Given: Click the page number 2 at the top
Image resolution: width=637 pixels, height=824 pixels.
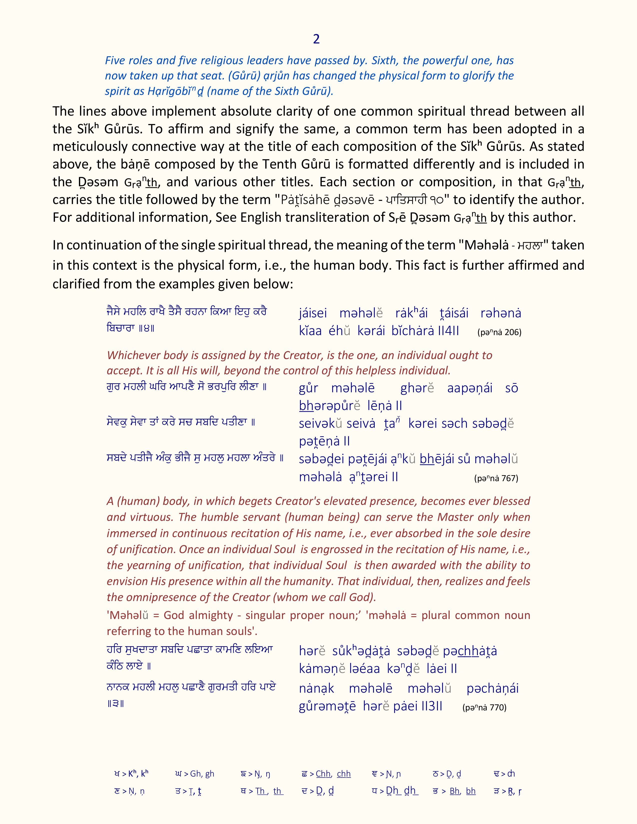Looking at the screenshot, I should (316, 39).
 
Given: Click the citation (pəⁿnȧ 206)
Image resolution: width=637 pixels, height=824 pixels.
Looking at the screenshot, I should (499, 332).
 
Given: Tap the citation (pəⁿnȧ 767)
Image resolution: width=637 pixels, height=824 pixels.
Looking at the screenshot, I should (496, 478).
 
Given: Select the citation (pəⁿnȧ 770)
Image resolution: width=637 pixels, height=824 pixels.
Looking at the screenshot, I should (484, 707).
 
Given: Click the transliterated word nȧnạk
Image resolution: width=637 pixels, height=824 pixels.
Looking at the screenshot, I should (316, 689).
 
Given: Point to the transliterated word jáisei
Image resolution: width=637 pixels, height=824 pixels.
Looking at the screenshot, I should (313, 313).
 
